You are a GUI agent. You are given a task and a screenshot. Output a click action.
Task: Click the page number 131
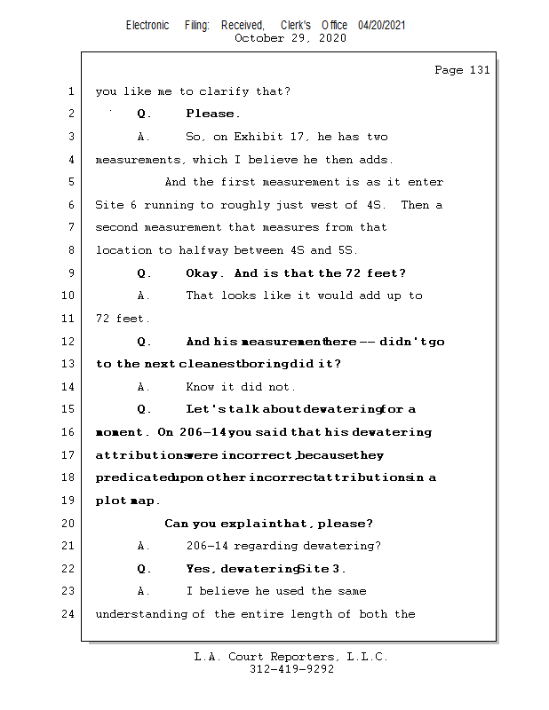click(479, 70)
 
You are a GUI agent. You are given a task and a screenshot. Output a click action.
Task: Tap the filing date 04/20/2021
click(382, 25)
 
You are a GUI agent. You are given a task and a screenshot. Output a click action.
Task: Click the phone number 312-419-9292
click(291, 669)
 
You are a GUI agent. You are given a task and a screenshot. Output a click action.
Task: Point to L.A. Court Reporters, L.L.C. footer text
click(290, 657)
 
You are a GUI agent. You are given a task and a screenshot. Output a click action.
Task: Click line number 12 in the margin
click(69, 342)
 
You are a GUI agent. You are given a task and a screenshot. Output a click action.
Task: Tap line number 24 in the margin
click(69, 614)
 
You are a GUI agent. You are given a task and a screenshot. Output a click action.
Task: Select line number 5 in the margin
click(69, 183)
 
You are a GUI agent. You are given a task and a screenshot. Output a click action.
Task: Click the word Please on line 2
click(211, 114)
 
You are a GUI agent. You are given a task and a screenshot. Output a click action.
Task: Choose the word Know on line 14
click(201, 387)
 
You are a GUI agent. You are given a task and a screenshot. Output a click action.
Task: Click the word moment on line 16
click(120, 432)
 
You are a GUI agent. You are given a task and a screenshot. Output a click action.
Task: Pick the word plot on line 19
click(110, 501)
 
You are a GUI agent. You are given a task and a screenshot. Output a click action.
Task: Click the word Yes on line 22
click(199, 569)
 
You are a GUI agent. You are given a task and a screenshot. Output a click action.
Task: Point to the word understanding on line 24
click(137, 614)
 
